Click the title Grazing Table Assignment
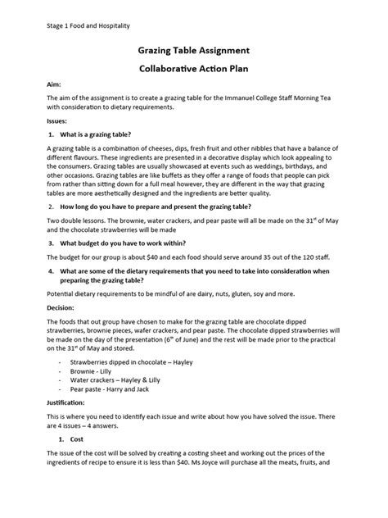pyautogui.click(x=193, y=51)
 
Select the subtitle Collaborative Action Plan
pyautogui.click(x=193, y=70)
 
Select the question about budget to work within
pyautogui.click(x=125, y=243)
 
